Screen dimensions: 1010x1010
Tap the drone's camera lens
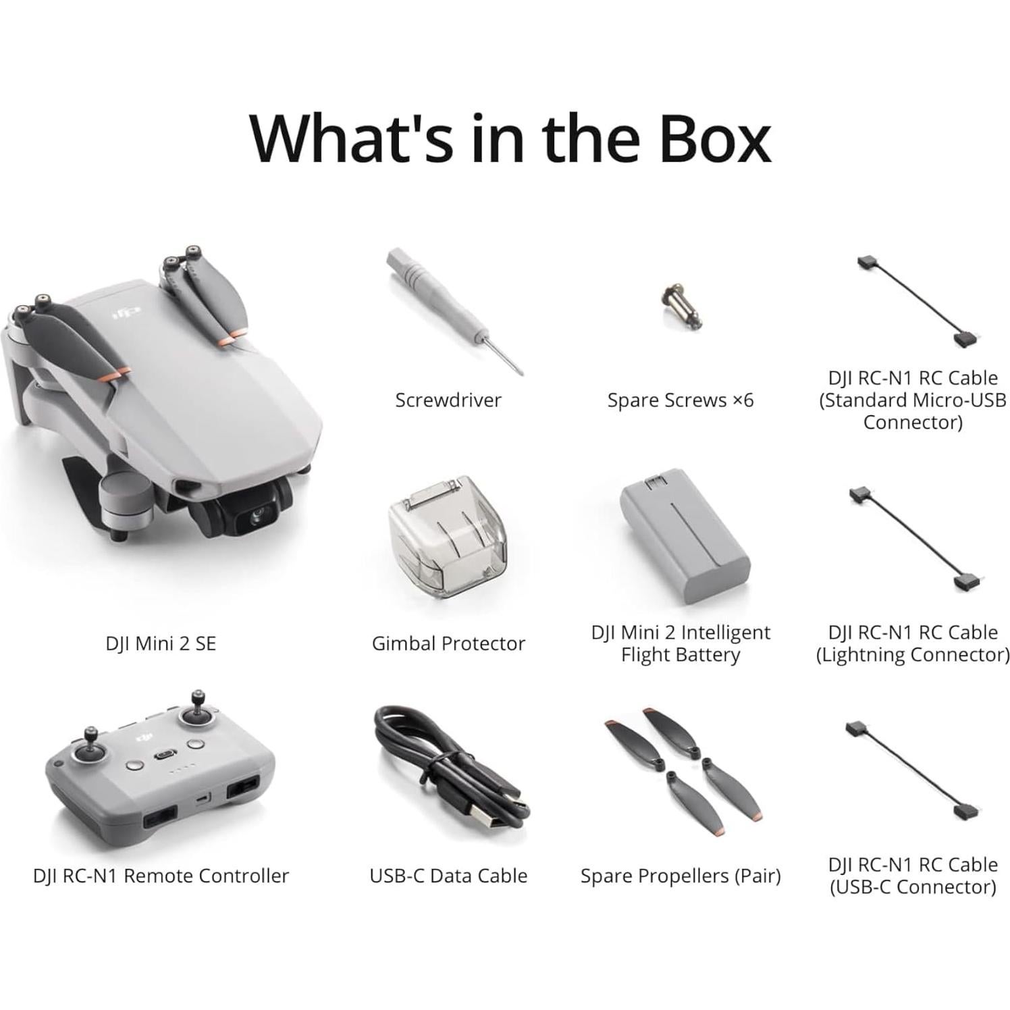[x=257, y=518]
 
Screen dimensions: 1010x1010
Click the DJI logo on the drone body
[x=126, y=312]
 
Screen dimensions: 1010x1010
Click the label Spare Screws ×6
[x=680, y=400]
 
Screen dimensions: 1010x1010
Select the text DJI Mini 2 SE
[x=161, y=643]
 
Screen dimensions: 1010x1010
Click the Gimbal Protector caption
[x=448, y=643]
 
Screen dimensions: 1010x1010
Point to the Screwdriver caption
[x=448, y=400]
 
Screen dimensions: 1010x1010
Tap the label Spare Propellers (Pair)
[x=680, y=876]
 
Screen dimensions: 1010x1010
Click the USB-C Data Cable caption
[x=448, y=876]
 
